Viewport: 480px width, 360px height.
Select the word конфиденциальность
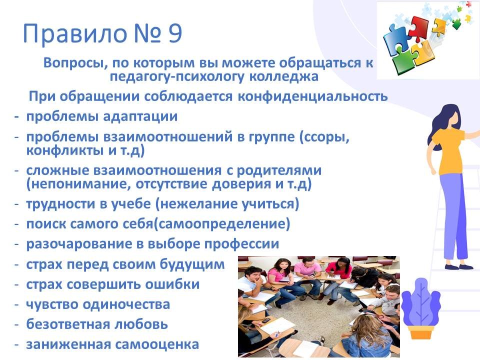[312, 96]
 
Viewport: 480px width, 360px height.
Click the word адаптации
[140, 117]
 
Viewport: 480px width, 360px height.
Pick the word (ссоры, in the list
[324, 137]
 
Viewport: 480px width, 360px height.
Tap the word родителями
[279, 170]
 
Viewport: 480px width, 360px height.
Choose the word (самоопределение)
[221, 224]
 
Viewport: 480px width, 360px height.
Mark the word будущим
[192, 264]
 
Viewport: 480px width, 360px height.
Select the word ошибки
[172, 284]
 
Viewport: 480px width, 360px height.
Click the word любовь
[141, 324]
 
